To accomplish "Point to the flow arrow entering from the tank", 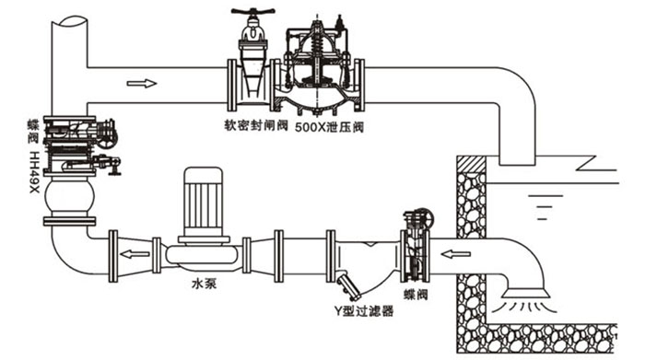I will click(x=454, y=250).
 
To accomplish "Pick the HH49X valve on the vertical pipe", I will click(x=77, y=147).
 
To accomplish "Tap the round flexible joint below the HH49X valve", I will click(x=72, y=196).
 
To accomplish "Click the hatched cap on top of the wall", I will click(x=472, y=165).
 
